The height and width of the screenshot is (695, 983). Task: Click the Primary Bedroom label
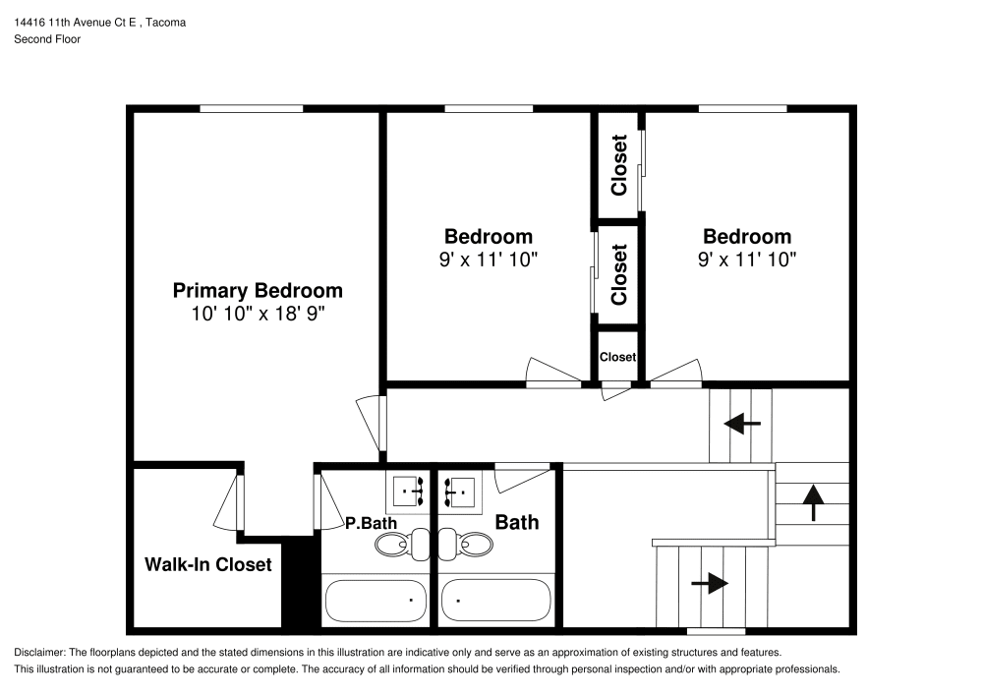pyautogui.click(x=258, y=290)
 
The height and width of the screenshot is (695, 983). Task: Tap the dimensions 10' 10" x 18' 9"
pyautogui.click(x=258, y=314)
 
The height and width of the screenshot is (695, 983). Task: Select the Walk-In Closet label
pyautogui.click(x=208, y=564)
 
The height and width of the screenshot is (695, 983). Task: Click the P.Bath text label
pyautogui.click(x=363, y=524)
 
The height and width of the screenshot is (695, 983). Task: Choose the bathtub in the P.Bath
pyautogui.click(x=375, y=598)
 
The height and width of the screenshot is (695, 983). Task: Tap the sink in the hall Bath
pyautogui.click(x=460, y=489)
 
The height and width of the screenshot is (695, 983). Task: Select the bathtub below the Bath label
pyautogui.click(x=495, y=598)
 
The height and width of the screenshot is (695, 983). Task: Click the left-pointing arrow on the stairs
pyautogui.click(x=742, y=425)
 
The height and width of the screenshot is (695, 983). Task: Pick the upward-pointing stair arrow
pyautogui.click(x=813, y=501)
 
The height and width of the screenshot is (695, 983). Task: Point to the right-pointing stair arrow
pyautogui.click(x=710, y=583)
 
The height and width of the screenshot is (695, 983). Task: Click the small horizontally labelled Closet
pyautogui.click(x=617, y=357)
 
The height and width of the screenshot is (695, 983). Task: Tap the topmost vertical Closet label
pyautogui.click(x=618, y=164)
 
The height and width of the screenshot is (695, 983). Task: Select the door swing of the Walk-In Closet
pyautogui.click(x=227, y=501)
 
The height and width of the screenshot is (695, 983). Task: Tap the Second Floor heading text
pyautogui.click(x=46, y=39)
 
